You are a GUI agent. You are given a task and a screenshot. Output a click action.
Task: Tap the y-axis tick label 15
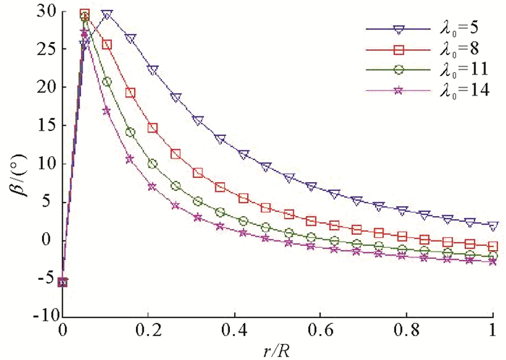(47, 125)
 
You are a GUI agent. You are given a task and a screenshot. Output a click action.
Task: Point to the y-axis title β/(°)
(16, 165)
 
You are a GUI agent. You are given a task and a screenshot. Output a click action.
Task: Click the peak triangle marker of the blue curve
(107, 14)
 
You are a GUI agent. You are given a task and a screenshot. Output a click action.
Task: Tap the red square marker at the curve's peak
(85, 14)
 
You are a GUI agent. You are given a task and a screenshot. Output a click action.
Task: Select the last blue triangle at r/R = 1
(493, 226)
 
